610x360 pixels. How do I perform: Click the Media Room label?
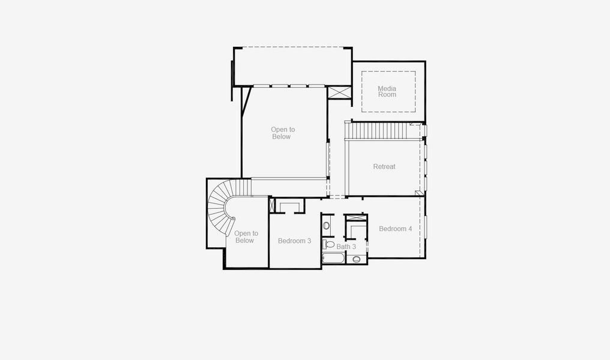[x=387, y=91]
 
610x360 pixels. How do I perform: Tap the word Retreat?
[x=384, y=167]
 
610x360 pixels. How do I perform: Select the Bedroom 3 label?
[x=294, y=241]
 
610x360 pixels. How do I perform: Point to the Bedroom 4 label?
[x=395, y=229]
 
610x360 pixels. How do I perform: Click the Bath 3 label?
[x=346, y=247]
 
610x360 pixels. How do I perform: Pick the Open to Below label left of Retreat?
[x=282, y=133]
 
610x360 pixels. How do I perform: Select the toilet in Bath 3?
[x=328, y=244]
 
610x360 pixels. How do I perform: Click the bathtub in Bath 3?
[x=333, y=259]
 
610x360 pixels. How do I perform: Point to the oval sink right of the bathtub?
[x=357, y=259]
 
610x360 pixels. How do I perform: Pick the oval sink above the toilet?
[x=326, y=226]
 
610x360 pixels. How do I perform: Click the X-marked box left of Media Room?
[x=339, y=94]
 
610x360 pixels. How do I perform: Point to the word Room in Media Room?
[x=387, y=95]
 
